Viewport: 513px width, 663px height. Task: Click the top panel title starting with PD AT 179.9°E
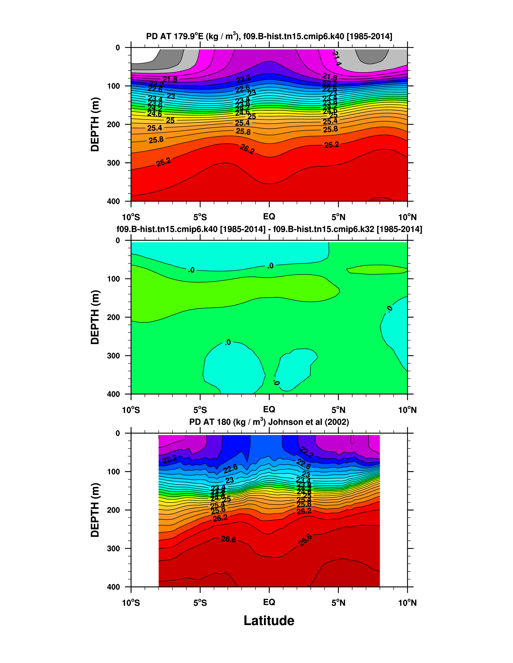pyautogui.click(x=269, y=37)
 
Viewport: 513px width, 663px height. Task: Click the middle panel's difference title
pyautogui.click(x=269, y=229)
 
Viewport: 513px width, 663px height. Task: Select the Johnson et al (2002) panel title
pyautogui.click(x=269, y=422)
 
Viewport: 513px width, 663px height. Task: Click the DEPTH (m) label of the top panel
pyautogui.click(x=95, y=124)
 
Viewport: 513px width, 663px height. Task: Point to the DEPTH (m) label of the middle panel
pyautogui.click(x=95, y=317)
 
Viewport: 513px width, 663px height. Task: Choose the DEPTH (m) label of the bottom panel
pyautogui.click(x=95, y=510)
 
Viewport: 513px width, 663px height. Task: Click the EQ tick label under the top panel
pyautogui.click(x=269, y=217)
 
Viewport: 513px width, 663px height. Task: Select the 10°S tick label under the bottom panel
pyautogui.click(x=131, y=603)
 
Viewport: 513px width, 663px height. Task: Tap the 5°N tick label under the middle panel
pyautogui.click(x=338, y=410)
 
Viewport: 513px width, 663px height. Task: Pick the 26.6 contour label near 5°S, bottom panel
pyautogui.click(x=228, y=539)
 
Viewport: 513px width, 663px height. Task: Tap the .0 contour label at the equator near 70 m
pyautogui.click(x=270, y=266)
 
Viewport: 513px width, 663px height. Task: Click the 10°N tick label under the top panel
pyautogui.click(x=407, y=217)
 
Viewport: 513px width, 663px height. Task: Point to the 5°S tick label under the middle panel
pyautogui.click(x=200, y=410)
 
